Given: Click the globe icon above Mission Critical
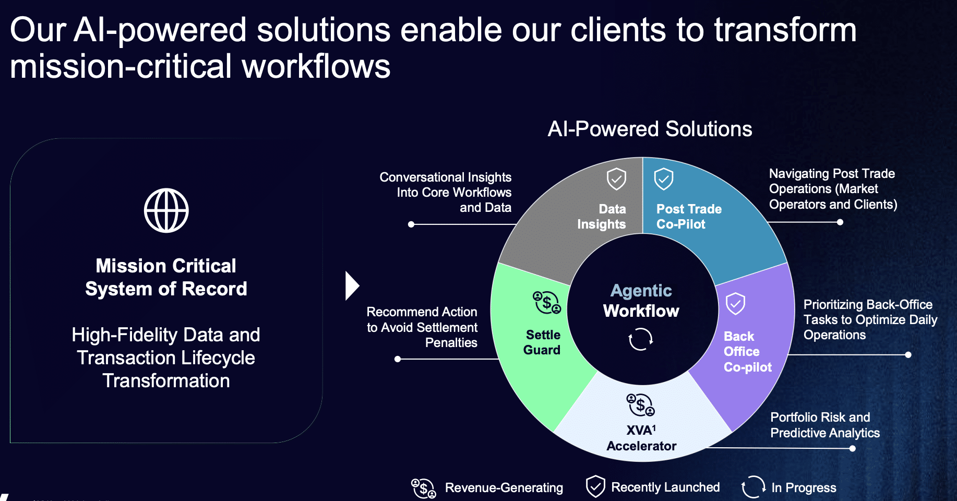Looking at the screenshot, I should point(166,210).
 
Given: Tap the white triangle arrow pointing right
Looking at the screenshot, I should point(352,286).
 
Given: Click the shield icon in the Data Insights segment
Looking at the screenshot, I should point(616,179).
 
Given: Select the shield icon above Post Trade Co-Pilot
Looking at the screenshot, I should point(664,179).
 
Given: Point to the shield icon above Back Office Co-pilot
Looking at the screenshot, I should point(735,303).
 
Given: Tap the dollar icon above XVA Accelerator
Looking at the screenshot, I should point(640,405).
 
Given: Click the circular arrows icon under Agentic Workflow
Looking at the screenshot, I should point(641,339).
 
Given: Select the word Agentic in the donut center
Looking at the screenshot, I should point(641,290).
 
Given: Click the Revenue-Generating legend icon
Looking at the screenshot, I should point(423,488).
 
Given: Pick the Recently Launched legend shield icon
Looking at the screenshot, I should point(595,487).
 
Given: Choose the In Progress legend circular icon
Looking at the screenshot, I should point(753,487).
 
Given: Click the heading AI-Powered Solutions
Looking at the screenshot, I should point(650,129).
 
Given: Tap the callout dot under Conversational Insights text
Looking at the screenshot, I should point(411,224).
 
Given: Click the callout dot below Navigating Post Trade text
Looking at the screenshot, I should point(840,222).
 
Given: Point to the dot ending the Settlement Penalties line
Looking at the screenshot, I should point(398,359).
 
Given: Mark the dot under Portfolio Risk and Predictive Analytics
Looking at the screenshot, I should point(852,448).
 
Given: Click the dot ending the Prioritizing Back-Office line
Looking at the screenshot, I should point(908,355).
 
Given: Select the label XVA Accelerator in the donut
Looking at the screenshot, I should point(641,438).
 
